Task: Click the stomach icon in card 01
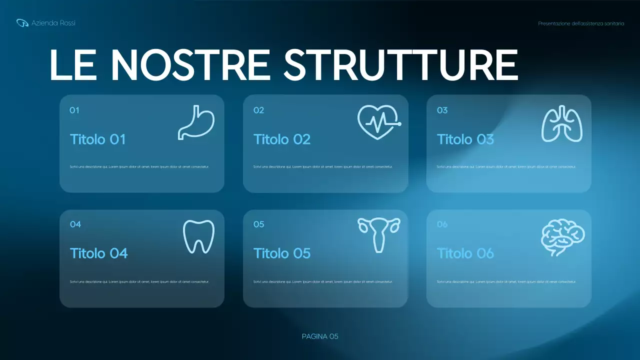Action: click(x=196, y=122)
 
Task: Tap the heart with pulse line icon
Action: click(x=379, y=121)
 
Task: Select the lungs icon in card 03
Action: click(x=562, y=123)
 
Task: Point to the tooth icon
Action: click(x=198, y=236)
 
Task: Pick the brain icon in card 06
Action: click(x=562, y=237)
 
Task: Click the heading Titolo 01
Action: click(x=97, y=139)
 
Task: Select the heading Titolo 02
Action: click(x=282, y=139)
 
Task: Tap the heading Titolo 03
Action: click(x=465, y=139)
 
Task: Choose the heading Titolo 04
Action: click(x=99, y=253)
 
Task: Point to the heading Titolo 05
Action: click(x=282, y=253)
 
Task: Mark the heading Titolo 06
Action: click(x=465, y=253)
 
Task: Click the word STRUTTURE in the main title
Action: click(x=401, y=65)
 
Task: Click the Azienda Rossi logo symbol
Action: click(x=22, y=23)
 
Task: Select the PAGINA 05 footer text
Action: click(x=320, y=336)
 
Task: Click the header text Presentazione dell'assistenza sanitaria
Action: click(x=581, y=23)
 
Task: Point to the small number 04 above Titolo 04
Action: click(x=75, y=224)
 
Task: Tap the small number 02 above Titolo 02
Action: click(x=258, y=110)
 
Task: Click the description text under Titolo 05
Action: click(x=323, y=281)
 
